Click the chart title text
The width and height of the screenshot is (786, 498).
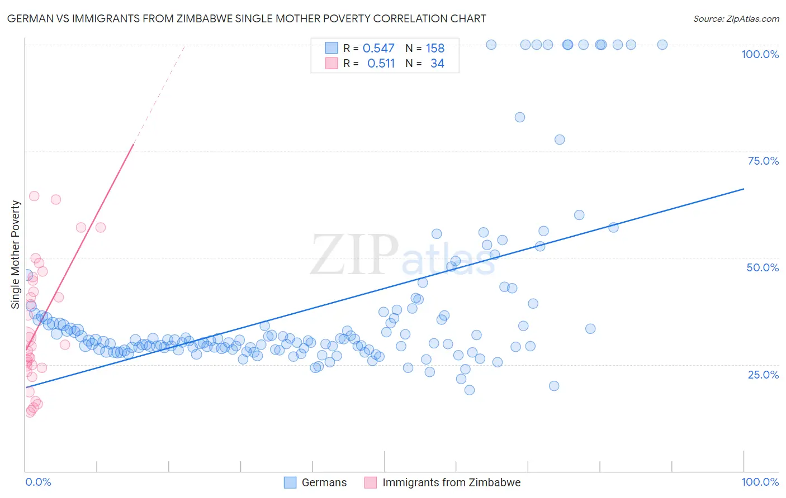click(247, 18)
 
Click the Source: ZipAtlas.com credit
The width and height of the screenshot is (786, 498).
click(736, 18)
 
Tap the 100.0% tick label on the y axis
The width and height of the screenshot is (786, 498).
click(760, 54)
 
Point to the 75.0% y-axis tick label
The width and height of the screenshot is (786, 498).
click(763, 161)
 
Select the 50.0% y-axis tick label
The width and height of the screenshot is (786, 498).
click(763, 267)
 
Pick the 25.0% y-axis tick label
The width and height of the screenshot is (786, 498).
click(763, 375)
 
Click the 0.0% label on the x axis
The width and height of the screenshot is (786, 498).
click(38, 482)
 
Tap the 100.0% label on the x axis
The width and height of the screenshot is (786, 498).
click(760, 482)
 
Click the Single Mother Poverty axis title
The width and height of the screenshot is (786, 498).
click(16, 255)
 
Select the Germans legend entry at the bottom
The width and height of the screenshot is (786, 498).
click(315, 482)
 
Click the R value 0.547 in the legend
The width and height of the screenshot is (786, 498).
click(378, 49)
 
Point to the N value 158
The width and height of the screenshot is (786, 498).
click(435, 49)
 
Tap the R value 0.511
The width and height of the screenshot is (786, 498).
click(381, 64)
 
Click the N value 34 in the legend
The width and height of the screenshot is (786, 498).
click(437, 64)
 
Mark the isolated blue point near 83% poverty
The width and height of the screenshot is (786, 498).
click(520, 117)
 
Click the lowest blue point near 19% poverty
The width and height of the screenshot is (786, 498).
click(470, 390)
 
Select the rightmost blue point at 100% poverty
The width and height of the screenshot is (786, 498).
click(662, 45)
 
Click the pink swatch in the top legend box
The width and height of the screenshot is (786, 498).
click(332, 63)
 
